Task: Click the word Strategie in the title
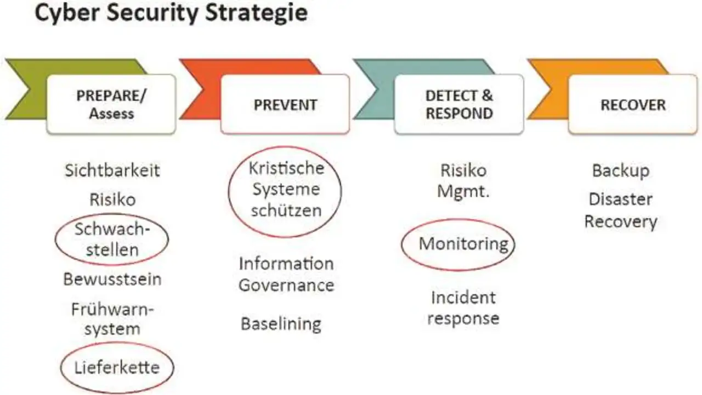256,13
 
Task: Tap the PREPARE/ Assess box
111,104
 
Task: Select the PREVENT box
285,104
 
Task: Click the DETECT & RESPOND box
459,104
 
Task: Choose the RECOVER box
633,104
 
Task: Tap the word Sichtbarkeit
112,170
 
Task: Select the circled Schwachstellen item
112,240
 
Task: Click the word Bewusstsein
112,279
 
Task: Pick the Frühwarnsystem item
112,319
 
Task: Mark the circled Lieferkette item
117,368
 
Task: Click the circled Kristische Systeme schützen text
286,190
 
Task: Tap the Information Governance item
286,274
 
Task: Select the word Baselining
281,324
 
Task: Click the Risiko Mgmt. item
463,181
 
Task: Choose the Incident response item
463,308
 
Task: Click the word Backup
621,171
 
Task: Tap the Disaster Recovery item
621,211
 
